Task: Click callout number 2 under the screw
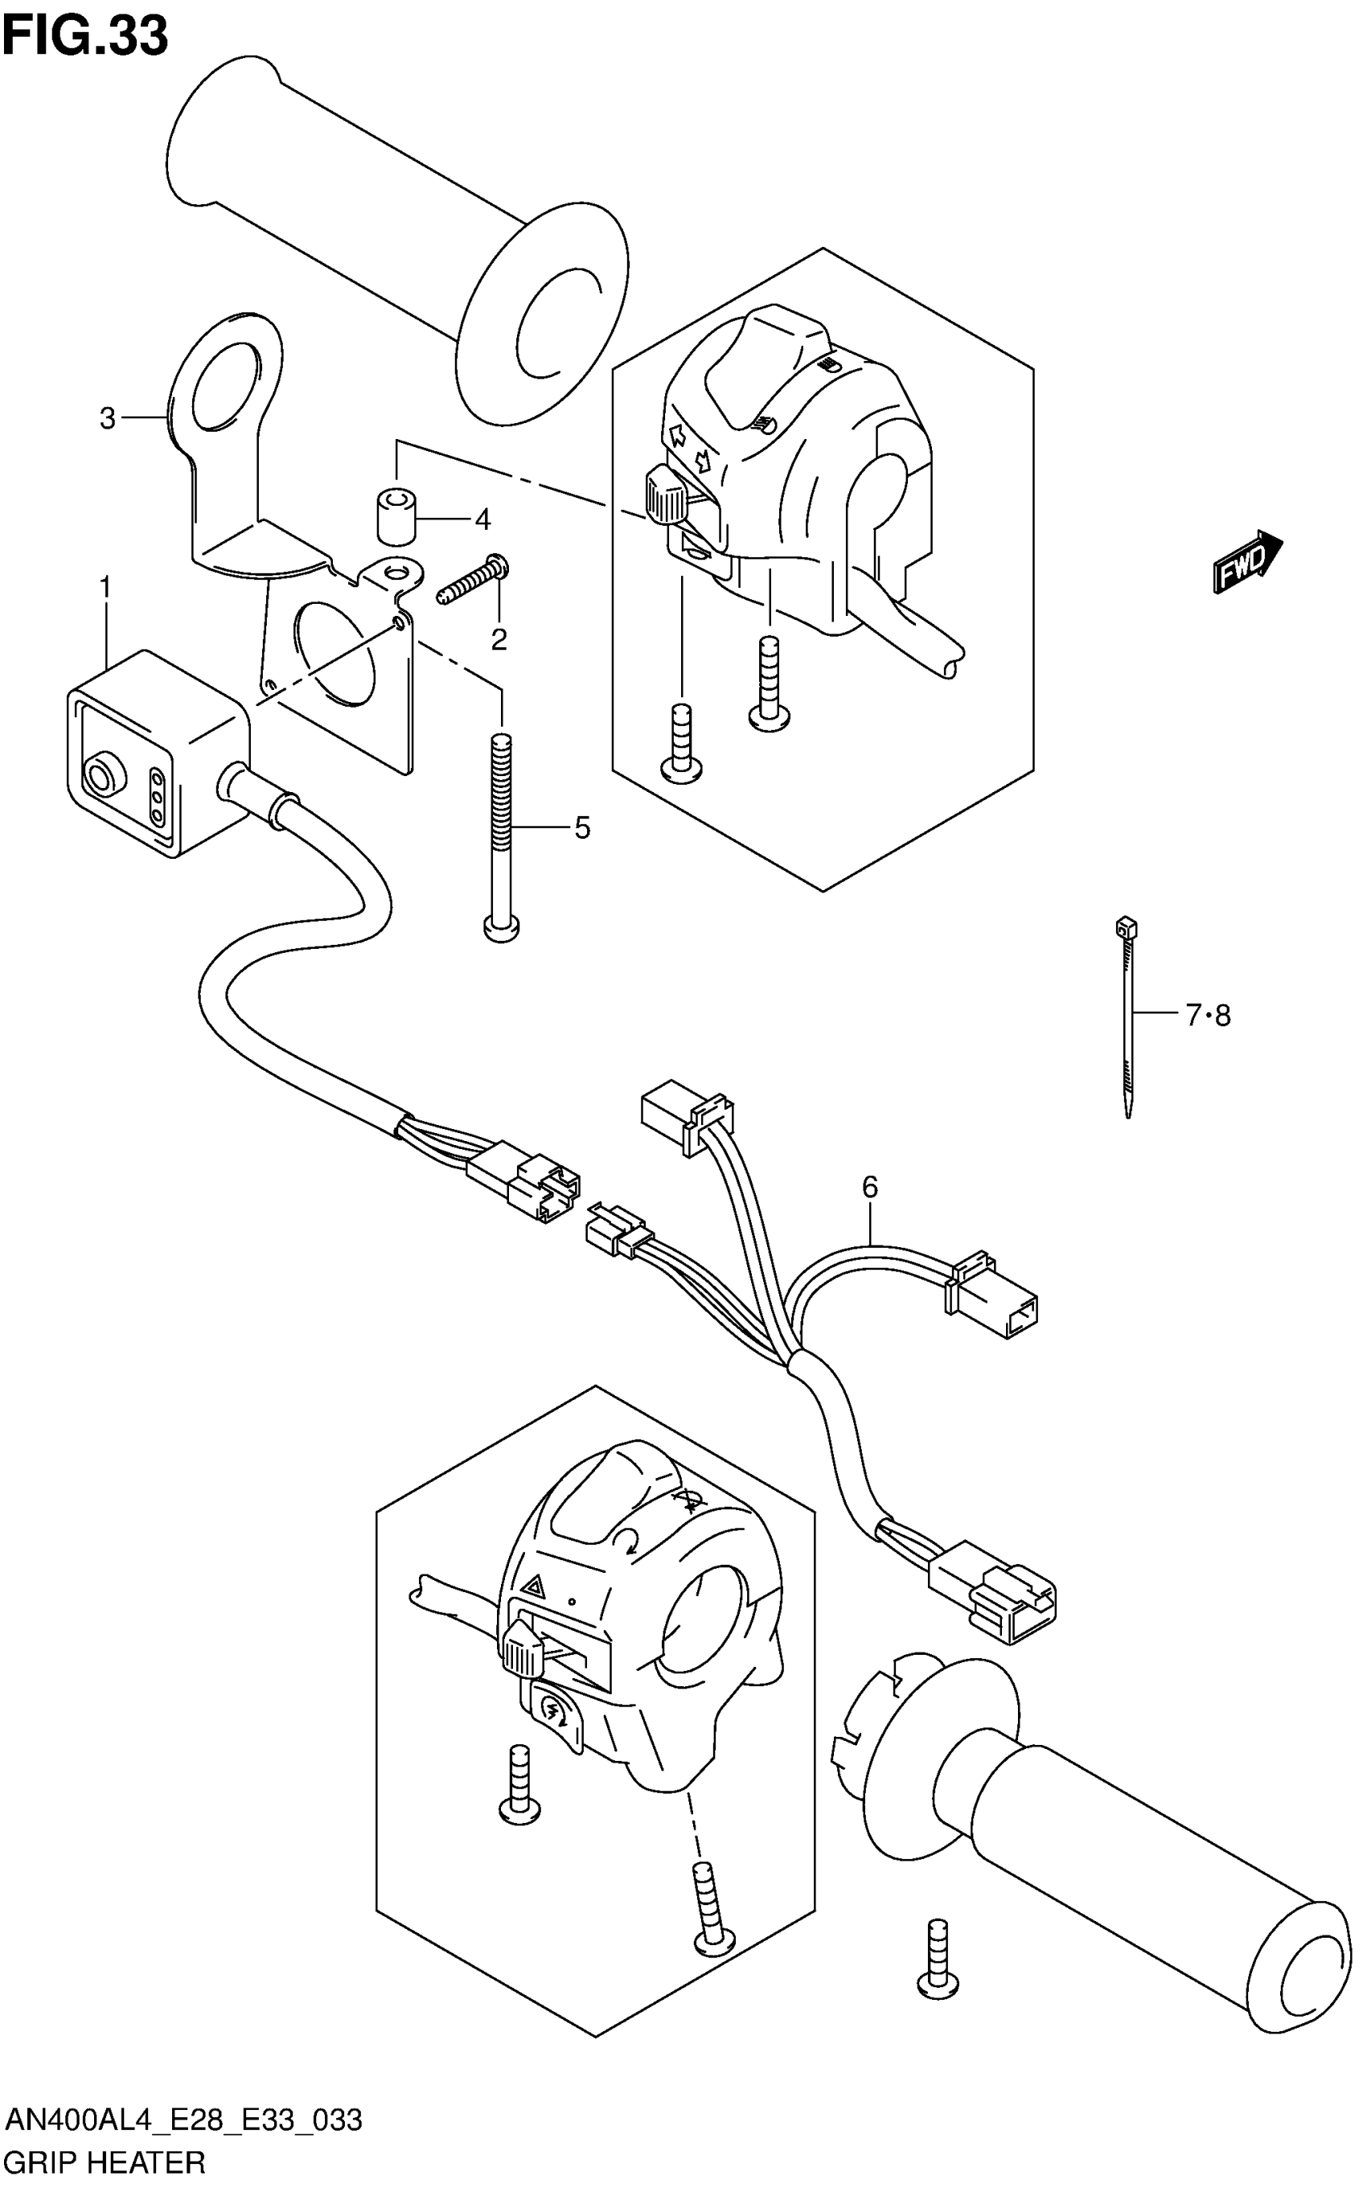[x=499, y=640]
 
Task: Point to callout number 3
[x=108, y=419]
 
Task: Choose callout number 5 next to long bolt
[x=582, y=827]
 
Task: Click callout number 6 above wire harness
[x=870, y=1187]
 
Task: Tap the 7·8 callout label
[x=1209, y=1016]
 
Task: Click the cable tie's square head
[x=1126, y=926]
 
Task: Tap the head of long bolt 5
[x=503, y=928]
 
